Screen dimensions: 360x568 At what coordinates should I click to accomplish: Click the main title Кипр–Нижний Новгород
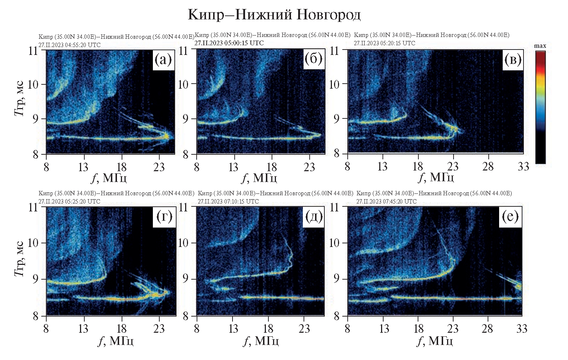point(274,15)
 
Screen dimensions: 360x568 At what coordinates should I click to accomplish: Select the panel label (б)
point(313,59)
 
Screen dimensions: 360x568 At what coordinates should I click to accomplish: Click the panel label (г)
point(164,217)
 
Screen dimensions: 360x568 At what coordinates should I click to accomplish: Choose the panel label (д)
point(314,217)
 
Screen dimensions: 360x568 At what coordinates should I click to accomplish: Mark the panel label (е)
point(510,216)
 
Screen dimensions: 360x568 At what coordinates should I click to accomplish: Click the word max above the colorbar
point(540,46)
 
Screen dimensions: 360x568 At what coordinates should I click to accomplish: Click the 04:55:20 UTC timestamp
point(70,45)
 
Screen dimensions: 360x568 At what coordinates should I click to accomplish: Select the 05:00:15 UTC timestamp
point(229,43)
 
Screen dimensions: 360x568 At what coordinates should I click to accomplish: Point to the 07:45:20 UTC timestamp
point(386,201)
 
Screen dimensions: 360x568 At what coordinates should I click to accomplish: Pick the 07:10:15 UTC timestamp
point(228,201)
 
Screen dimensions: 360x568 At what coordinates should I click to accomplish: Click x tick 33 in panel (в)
point(524,167)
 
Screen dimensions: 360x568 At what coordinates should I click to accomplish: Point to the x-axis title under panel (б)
point(259,178)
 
